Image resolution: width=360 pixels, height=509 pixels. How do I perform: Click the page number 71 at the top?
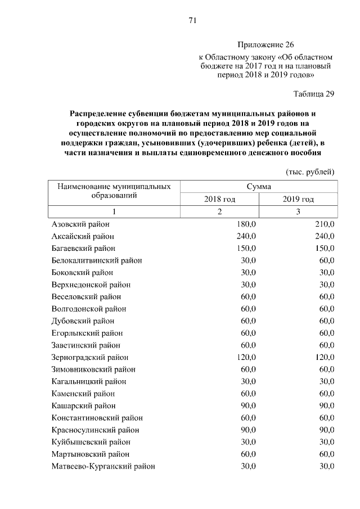(x=192, y=21)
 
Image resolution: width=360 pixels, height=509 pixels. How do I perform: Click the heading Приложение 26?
(x=265, y=44)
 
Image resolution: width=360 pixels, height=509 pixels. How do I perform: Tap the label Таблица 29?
(x=314, y=94)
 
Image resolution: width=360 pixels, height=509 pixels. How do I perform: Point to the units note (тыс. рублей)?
(x=310, y=171)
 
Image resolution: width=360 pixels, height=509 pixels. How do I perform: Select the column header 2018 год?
(x=219, y=199)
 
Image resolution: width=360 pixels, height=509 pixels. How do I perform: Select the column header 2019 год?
(x=298, y=199)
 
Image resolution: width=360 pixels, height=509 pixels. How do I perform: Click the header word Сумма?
(x=258, y=186)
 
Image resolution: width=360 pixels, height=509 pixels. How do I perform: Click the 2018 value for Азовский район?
(x=246, y=224)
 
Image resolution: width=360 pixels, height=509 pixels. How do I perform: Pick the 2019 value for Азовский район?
(x=325, y=224)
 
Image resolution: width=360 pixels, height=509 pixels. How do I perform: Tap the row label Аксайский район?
(x=83, y=236)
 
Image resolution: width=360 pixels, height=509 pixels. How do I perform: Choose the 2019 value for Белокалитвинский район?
(x=326, y=260)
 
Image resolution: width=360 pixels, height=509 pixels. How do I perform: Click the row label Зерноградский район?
(x=90, y=357)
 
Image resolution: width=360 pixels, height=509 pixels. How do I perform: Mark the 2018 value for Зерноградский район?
(x=246, y=357)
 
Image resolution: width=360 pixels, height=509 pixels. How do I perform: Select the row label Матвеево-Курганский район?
(x=103, y=466)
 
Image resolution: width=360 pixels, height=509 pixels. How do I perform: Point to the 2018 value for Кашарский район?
(x=248, y=406)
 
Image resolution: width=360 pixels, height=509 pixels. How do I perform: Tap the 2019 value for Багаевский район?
(x=325, y=248)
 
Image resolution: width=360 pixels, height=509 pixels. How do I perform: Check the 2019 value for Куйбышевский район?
(x=326, y=442)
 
